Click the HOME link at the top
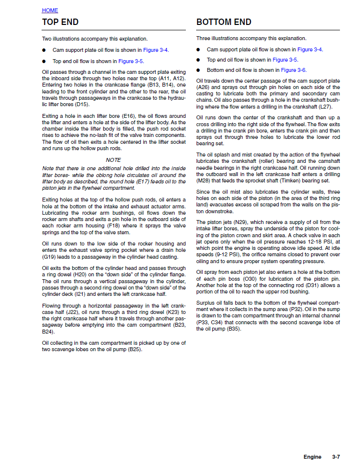click(x=50, y=10)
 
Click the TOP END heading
click(x=60, y=22)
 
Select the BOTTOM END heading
click(x=224, y=22)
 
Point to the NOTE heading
click(x=113, y=160)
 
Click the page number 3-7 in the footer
click(x=336, y=457)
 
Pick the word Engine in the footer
click(x=312, y=457)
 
